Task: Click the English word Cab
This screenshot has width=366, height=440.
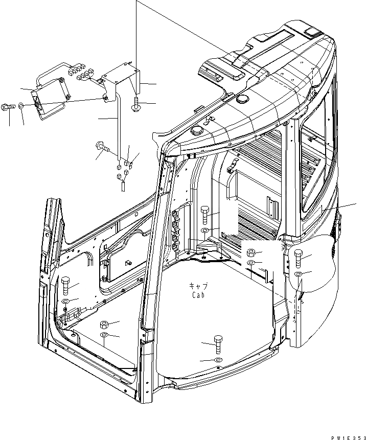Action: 199,295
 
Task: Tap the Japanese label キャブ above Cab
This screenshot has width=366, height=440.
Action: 199,287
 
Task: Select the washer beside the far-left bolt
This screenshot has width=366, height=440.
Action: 20,106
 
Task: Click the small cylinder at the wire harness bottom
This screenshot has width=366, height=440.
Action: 123,184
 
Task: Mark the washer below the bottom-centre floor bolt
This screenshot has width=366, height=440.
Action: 217,361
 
